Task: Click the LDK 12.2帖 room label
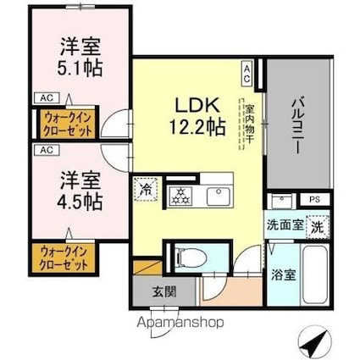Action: [197, 116]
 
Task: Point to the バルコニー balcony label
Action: [298, 125]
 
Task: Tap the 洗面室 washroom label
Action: [285, 225]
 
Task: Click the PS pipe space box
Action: [314, 199]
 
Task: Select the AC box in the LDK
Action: [246, 73]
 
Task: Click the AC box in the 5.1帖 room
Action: [47, 98]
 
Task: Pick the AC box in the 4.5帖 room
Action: [47, 150]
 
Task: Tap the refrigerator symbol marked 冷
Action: [146, 189]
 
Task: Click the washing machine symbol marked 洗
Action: [318, 227]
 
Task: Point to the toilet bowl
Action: [191, 258]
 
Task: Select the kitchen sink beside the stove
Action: [219, 197]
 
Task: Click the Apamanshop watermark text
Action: [180, 323]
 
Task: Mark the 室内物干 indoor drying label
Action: [249, 124]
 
